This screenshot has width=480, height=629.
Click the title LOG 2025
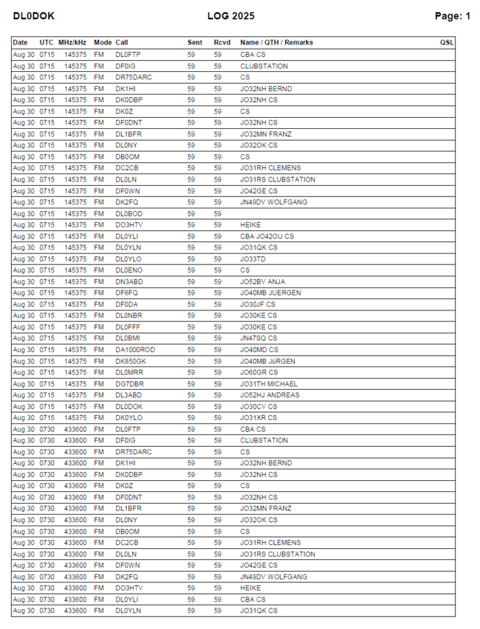pos(230,16)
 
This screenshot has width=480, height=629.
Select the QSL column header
pos(447,42)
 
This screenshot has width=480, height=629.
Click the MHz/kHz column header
pos(73,42)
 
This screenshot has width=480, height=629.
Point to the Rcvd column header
pos(221,42)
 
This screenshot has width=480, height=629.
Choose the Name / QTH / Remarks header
pos(276,42)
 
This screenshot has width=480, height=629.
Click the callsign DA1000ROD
pos(135,349)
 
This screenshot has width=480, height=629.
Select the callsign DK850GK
pos(131,361)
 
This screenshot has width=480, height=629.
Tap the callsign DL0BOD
pos(128,214)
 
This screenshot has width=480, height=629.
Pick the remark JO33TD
pos(253,259)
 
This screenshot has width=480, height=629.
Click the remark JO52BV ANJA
pos(263,282)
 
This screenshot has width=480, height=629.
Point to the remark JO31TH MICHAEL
pos(269,384)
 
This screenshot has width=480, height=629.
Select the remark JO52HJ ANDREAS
pos(269,395)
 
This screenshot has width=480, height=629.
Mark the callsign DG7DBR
pos(130,384)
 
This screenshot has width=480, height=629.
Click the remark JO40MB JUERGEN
pos(270,293)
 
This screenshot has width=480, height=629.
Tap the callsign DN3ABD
pos(129,282)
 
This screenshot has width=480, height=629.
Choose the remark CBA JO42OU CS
pos(267,236)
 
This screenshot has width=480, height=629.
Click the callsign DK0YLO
pos(129,417)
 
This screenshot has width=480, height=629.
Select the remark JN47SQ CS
pos(259,338)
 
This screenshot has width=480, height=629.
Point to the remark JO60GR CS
pos(259,372)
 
